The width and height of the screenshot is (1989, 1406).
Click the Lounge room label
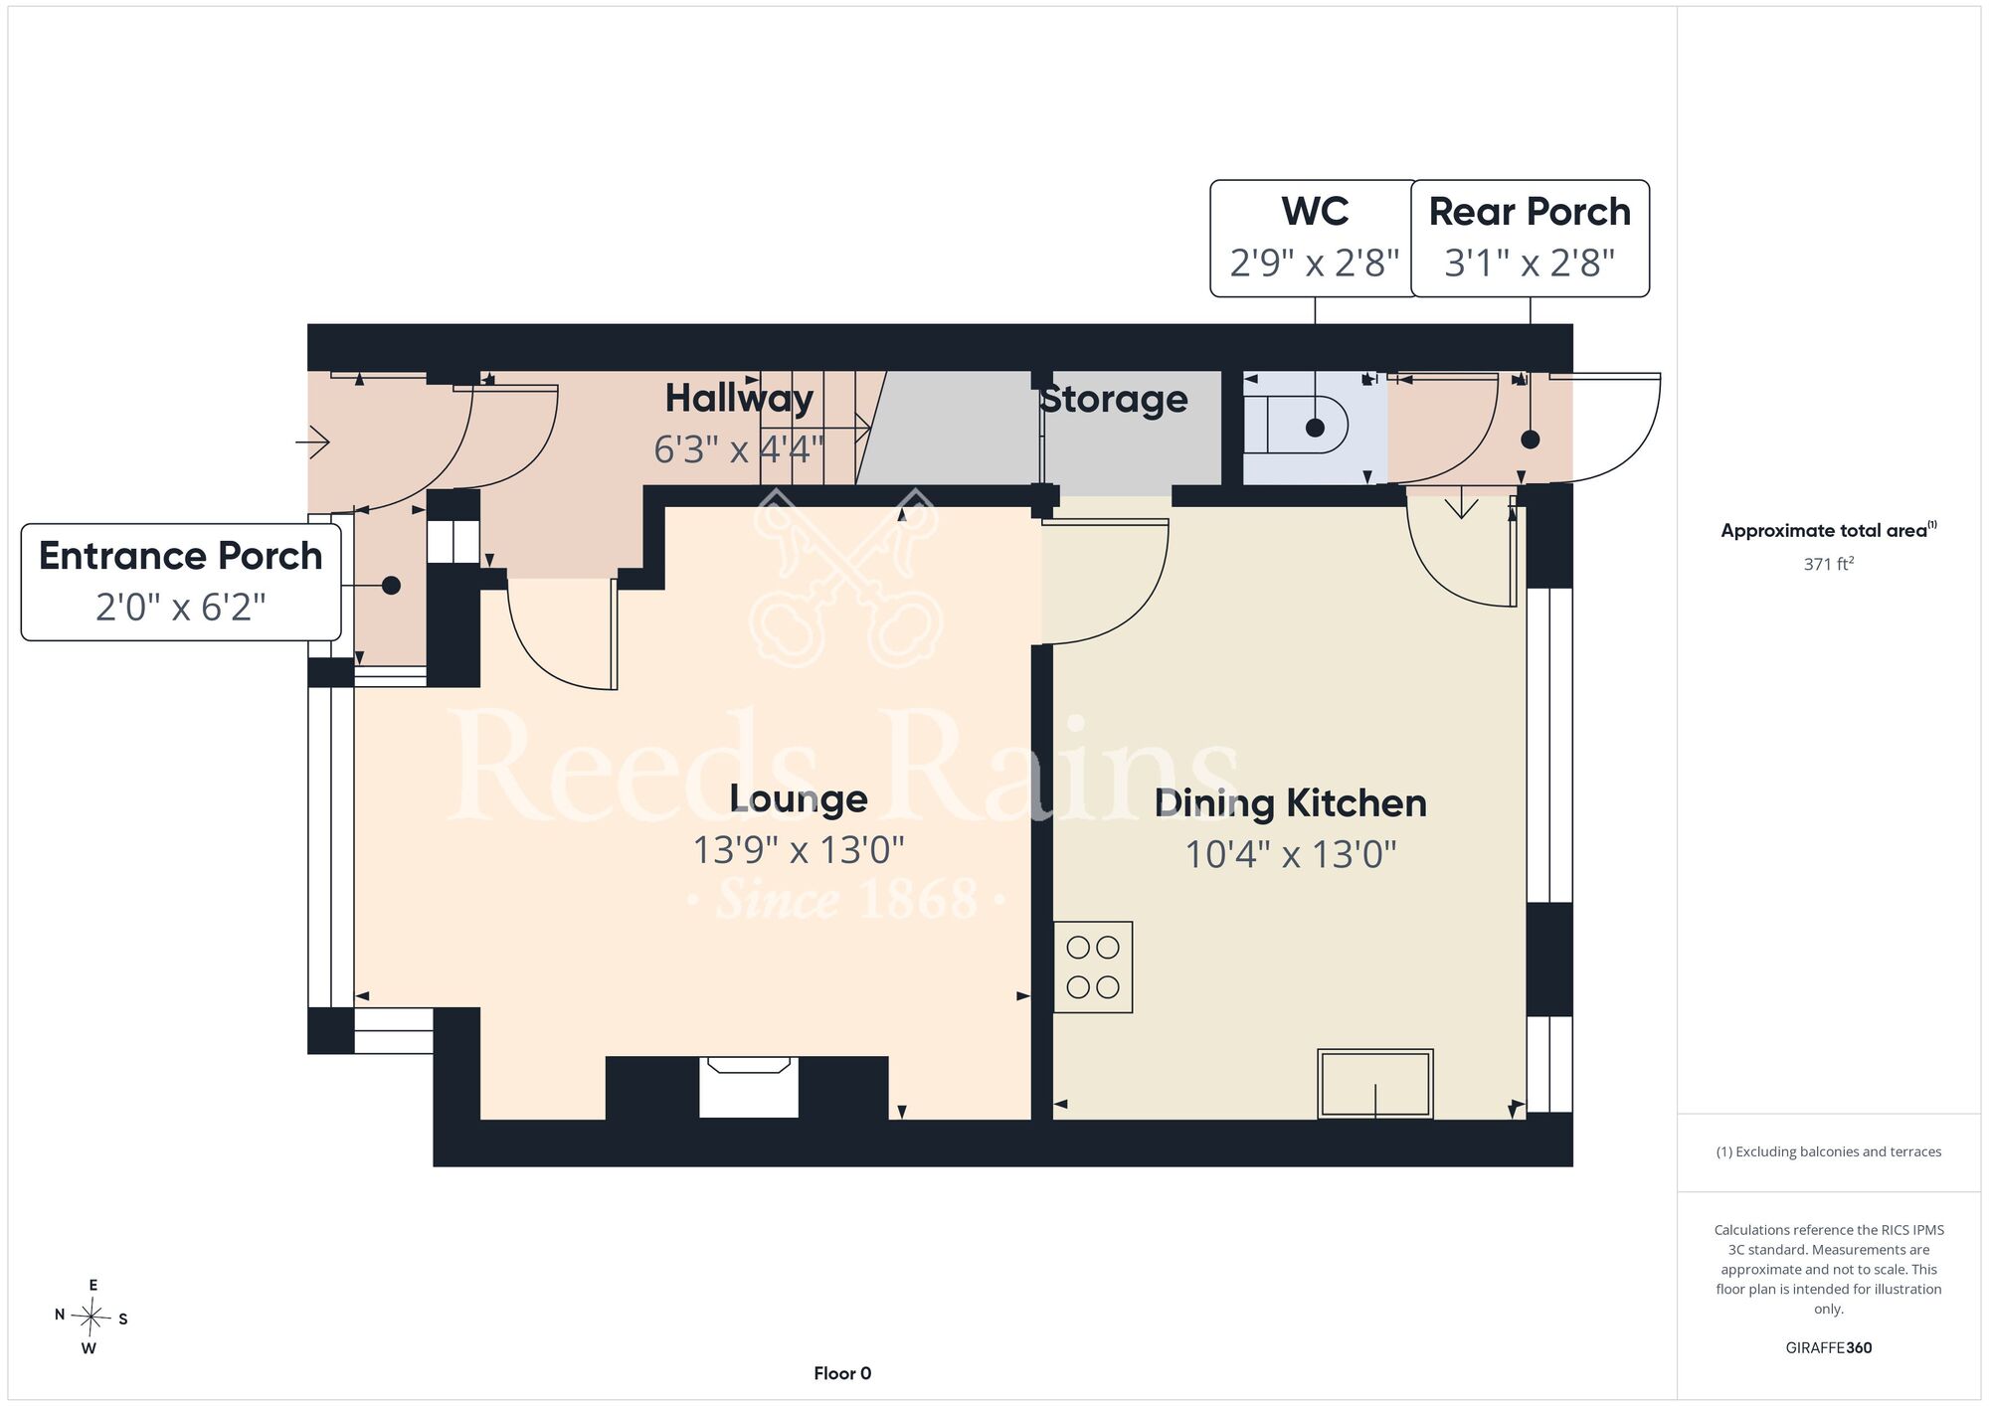point(799,798)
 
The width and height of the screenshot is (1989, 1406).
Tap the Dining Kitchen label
point(1291,803)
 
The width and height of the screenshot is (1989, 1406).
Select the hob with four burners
point(1093,967)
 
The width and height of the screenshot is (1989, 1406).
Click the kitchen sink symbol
point(1375,1084)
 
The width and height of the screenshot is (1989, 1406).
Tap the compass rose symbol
point(91,1318)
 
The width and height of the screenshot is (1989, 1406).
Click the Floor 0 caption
point(842,1373)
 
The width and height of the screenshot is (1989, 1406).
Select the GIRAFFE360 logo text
point(1829,1348)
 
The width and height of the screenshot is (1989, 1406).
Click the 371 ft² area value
point(1829,564)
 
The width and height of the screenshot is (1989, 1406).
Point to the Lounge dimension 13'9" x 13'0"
point(799,850)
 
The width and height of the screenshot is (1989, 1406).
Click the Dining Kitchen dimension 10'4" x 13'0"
point(1291,854)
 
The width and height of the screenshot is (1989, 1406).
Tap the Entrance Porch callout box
point(181,582)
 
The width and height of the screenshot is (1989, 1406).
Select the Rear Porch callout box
point(1530,239)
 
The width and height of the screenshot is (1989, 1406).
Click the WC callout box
point(1315,239)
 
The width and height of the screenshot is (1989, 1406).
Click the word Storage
point(1114,400)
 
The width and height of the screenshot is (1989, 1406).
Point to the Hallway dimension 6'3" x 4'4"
point(739,449)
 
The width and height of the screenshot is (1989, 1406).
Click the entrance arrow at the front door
point(312,440)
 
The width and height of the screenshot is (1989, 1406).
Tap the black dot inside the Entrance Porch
point(391,586)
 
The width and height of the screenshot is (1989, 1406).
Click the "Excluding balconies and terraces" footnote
point(1829,1151)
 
